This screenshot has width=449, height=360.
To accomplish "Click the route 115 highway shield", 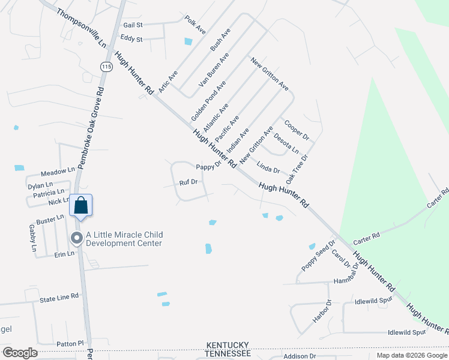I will tap(106, 67).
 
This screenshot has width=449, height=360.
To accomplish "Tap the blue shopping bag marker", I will tap(80, 206).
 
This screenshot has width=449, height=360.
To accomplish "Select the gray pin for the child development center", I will tap(76, 238).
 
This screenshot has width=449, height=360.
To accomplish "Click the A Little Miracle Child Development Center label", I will tap(124, 239).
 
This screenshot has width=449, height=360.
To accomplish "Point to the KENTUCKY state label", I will tap(228, 345).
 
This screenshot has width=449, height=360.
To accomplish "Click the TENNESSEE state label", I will tap(228, 353).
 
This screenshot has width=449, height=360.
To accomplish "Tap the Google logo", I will tap(20, 353).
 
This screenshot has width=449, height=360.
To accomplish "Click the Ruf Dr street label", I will tap(188, 182).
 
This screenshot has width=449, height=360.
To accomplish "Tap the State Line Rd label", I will tap(59, 296).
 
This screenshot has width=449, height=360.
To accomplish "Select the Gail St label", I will tap(133, 25).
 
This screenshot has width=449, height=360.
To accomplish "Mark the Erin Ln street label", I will tap(64, 254).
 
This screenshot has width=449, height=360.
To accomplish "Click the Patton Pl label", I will tap(70, 343).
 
